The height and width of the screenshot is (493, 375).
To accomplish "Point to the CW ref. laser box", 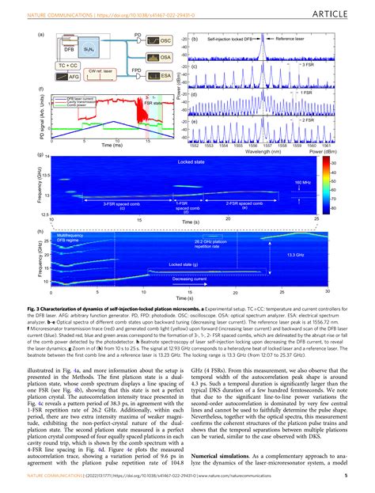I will (x=104, y=71).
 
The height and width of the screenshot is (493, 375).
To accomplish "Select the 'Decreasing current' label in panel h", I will (x=193, y=279).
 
